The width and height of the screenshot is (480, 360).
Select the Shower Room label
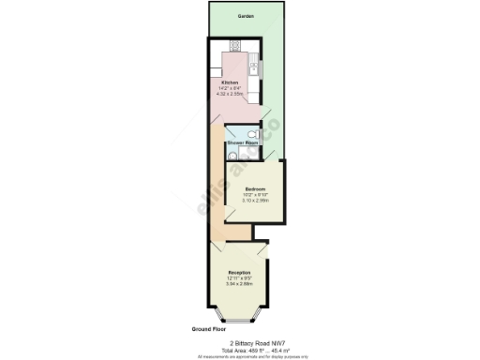243,142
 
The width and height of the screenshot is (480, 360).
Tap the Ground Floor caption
208,330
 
